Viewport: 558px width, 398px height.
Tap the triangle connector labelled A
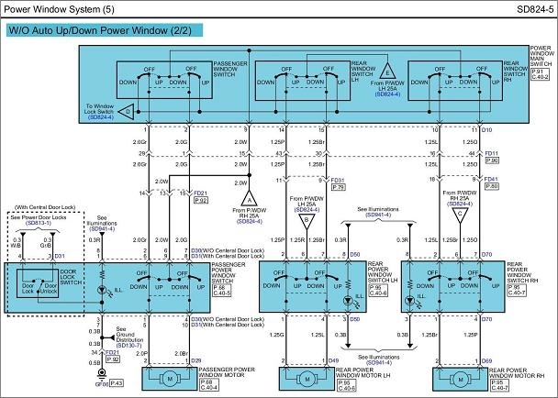pyautogui.click(x=249, y=197)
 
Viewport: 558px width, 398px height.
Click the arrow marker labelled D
pyautogui.click(x=128, y=111)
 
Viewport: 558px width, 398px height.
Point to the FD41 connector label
pyautogui.click(x=491, y=180)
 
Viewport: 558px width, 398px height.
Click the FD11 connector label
pyautogui.click(x=491, y=153)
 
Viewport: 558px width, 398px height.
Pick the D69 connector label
pyautogui.click(x=487, y=360)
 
